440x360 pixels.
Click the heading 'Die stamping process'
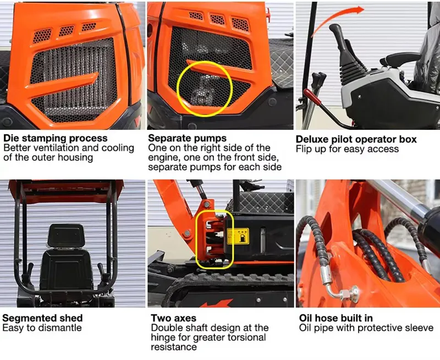pyautogui.click(x=56, y=138)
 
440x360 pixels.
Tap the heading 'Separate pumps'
pyautogui.click(x=187, y=138)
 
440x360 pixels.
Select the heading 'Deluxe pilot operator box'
pyautogui.click(x=356, y=139)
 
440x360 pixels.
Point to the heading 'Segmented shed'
pyautogui.click(x=42, y=318)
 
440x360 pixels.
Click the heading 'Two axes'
pyautogui.click(x=173, y=318)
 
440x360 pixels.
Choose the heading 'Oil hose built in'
pyautogui.click(x=336, y=318)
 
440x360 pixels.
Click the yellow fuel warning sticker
pyautogui.click(x=238, y=236)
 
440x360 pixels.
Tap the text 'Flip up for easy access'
pyautogui.click(x=347, y=149)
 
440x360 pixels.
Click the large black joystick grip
pyautogui.click(x=338, y=36)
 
